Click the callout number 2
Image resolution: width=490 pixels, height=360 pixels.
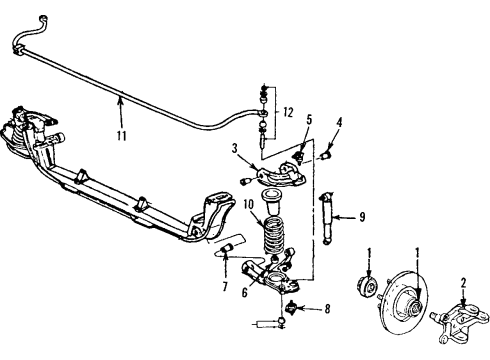tap(462, 283)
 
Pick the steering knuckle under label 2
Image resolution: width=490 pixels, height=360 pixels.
tap(462, 322)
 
